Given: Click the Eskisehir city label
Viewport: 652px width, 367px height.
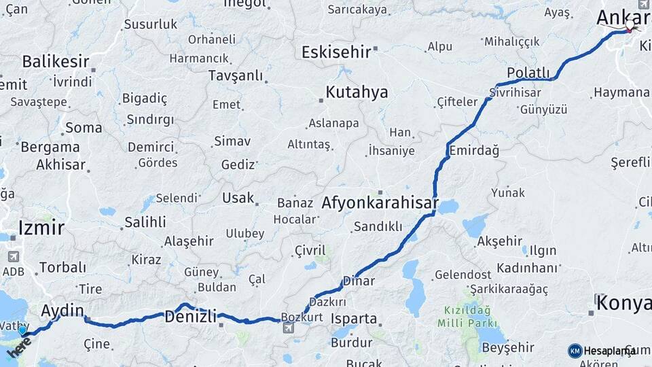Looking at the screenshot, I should pos(336,52).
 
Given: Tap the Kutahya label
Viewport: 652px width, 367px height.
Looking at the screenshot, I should pos(357,92).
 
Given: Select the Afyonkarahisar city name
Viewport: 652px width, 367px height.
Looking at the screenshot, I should pos(380,203).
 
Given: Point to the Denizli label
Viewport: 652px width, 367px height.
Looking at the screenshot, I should pos(191,316).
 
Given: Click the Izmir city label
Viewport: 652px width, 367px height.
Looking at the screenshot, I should pos(41,227).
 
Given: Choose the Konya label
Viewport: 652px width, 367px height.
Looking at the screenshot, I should pos(624,303).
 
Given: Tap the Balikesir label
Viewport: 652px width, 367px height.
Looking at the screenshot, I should pos(56,61).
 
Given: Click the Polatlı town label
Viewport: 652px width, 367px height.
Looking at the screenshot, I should pos(528,73).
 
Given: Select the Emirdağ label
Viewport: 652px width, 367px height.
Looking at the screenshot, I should pos(474,150).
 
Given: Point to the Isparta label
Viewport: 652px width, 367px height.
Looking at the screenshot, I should pos(353,318).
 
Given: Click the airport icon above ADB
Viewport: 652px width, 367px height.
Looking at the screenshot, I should pos(13,257).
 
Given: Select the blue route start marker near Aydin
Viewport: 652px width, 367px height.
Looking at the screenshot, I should pos(22,330).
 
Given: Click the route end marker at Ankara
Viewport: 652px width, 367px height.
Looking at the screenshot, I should pos(630,28).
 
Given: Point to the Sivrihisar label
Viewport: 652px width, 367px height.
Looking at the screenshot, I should pos(518,92).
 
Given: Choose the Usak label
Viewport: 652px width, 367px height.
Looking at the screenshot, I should pos(238,198).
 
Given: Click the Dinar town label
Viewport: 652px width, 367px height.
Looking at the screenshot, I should pos(359,280).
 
